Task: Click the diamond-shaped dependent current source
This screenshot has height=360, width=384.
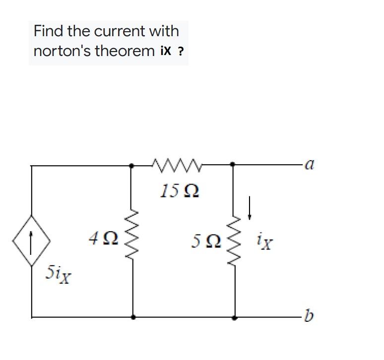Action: tap(32, 241)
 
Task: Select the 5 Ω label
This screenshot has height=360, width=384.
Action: tap(204, 241)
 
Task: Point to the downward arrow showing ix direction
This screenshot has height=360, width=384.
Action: tap(251, 207)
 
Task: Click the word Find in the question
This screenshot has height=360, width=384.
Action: tap(49, 31)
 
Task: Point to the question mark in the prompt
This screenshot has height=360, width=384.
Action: tap(181, 52)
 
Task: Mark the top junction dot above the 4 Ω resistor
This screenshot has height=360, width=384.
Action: tap(132, 166)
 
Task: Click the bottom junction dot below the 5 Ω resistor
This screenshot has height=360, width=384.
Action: tap(234, 316)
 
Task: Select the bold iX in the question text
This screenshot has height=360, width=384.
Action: tap(166, 51)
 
